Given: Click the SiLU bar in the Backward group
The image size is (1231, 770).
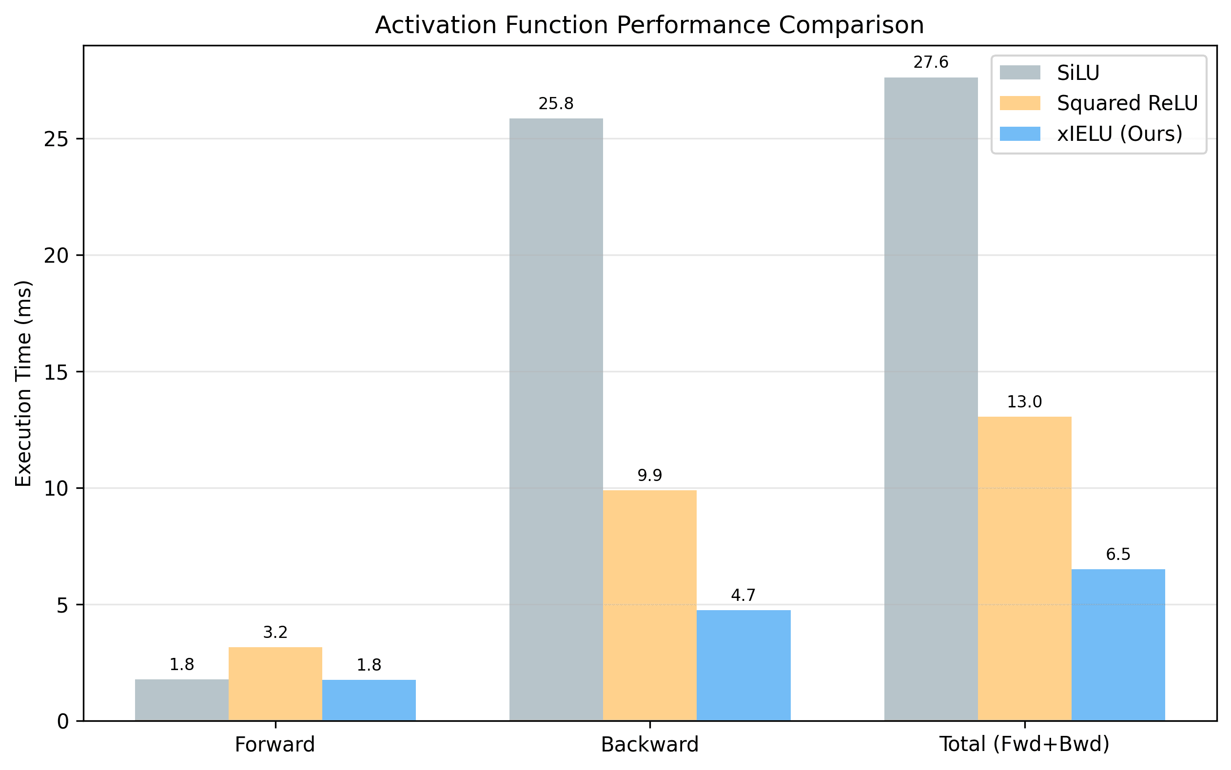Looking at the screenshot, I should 556,419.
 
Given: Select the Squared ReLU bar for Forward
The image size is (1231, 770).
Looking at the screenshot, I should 275,683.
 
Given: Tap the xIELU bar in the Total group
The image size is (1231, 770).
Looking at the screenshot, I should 1118,645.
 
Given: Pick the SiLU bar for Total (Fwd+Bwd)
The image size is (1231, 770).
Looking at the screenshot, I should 931,399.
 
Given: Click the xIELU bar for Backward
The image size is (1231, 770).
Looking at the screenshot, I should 743,665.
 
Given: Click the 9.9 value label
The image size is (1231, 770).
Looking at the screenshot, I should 649,476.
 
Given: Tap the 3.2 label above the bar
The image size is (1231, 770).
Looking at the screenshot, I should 275,633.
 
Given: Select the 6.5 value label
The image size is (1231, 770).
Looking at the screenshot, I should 1118,554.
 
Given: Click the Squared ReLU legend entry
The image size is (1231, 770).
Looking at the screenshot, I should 1127,103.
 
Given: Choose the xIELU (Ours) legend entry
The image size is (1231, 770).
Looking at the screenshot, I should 1119,134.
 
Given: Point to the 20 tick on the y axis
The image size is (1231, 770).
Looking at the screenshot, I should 56,256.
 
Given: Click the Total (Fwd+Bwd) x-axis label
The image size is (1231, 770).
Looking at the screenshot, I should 1024,745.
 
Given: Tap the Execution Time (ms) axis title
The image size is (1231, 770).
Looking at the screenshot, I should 23,383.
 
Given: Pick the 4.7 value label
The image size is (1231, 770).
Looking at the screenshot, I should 743,596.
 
